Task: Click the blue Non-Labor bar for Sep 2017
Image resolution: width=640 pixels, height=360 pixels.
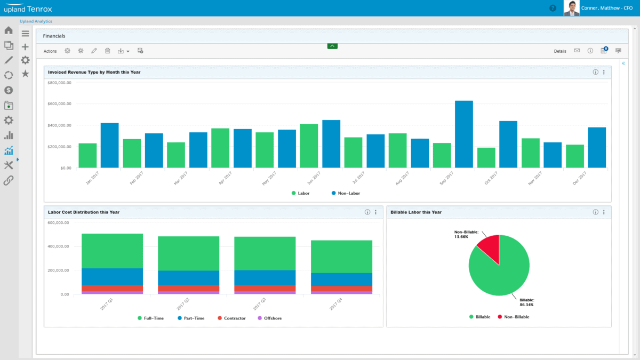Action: [463, 134]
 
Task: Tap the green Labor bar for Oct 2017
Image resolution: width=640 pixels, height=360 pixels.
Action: [486, 158]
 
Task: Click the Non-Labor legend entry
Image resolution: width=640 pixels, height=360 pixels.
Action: [345, 193]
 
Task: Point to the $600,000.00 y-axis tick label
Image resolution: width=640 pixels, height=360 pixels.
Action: [59, 104]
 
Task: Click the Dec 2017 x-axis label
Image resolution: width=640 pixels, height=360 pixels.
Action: [579, 178]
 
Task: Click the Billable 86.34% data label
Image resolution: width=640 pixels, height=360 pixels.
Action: [526, 302]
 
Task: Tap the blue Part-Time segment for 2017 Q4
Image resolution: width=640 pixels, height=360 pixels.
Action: [341, 279]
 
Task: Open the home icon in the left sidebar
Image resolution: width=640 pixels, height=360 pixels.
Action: [9, 30]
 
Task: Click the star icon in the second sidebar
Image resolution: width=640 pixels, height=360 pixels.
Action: [25, 74]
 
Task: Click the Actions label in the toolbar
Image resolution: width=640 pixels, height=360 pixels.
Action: [50, 51]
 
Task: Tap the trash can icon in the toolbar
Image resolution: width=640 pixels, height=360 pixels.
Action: [107, 51]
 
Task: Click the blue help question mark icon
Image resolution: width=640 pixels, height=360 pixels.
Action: [553, 8]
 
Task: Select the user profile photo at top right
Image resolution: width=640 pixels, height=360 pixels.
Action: [571, 8]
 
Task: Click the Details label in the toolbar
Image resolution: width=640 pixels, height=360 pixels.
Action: [560, 51]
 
